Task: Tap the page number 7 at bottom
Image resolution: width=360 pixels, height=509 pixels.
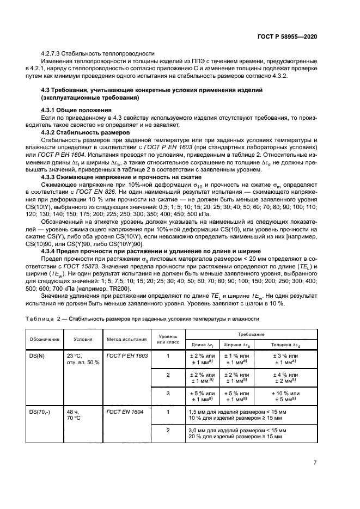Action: (x=315, y=463)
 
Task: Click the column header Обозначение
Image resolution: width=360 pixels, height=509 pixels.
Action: (x=44, y=339)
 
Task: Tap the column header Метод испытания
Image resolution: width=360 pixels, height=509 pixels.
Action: (x=127, y=339)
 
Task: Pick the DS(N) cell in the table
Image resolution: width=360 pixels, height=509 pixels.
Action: (x=36, y=355)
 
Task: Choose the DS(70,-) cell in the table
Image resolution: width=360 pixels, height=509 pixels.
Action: (x=39, y=412)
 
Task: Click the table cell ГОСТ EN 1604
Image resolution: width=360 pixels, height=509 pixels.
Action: (x=125, y=412)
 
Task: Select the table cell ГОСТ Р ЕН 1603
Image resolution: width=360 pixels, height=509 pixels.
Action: (x=127, y=355)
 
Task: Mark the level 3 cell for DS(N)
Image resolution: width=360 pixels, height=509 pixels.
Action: (x=168, y=394)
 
